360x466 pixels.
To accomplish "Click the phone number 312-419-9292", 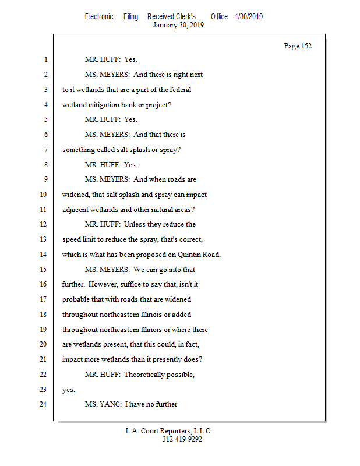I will (x=182, y=439).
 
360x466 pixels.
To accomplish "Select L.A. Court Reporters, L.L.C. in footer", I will (x=169, y=431).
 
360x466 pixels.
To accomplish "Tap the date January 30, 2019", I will (x=178, y=25).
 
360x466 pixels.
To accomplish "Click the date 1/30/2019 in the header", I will (x=249, y=16).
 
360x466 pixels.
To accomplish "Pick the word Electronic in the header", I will (x=99, y=16).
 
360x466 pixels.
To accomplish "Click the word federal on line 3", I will (x=179, y=90).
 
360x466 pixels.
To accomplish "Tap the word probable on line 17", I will (x=76, y=299).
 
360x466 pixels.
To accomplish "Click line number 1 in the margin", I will (x=44, y=59).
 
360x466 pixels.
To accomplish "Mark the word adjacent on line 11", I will (x=76, y=209).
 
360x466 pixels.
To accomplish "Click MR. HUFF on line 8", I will (x=102, y=165).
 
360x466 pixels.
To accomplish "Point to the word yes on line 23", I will (x=68, y=390).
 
